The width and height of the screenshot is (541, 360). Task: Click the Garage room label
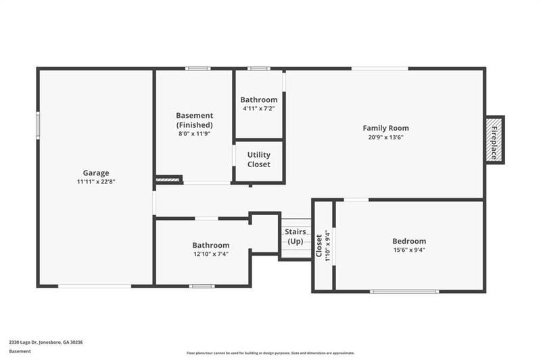[x=96, y=173]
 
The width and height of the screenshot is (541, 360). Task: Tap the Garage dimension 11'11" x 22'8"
[x=96, y=182]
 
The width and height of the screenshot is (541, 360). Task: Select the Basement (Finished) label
[x=194, y=120]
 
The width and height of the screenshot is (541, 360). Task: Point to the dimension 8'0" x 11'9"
[x=194, y=134]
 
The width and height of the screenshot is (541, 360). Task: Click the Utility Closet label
[x=258, y=160]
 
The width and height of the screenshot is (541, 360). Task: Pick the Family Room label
[x=385, y=128]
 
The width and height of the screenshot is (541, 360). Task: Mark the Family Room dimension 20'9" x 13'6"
[x=385, y=137]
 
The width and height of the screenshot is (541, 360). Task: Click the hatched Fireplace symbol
[x=494, y=139]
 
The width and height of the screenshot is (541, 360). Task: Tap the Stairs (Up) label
[x=296, y=237]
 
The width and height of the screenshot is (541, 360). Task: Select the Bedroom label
[x=409, y=242]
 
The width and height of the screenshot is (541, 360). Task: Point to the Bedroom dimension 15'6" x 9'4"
[x=409, y=250]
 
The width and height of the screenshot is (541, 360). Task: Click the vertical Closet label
[x=319, y=245]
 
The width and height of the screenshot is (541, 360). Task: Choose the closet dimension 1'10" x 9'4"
[x=328, y=245]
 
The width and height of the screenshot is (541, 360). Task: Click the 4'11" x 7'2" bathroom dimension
[x=258, y=108]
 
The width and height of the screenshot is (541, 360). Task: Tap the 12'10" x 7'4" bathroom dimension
[x=210, y=254]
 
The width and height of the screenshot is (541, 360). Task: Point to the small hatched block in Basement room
[x=168, y=180]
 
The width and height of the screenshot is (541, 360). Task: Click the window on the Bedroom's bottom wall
[x=404, y=292]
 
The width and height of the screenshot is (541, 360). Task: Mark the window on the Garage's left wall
[x=38, y=125]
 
